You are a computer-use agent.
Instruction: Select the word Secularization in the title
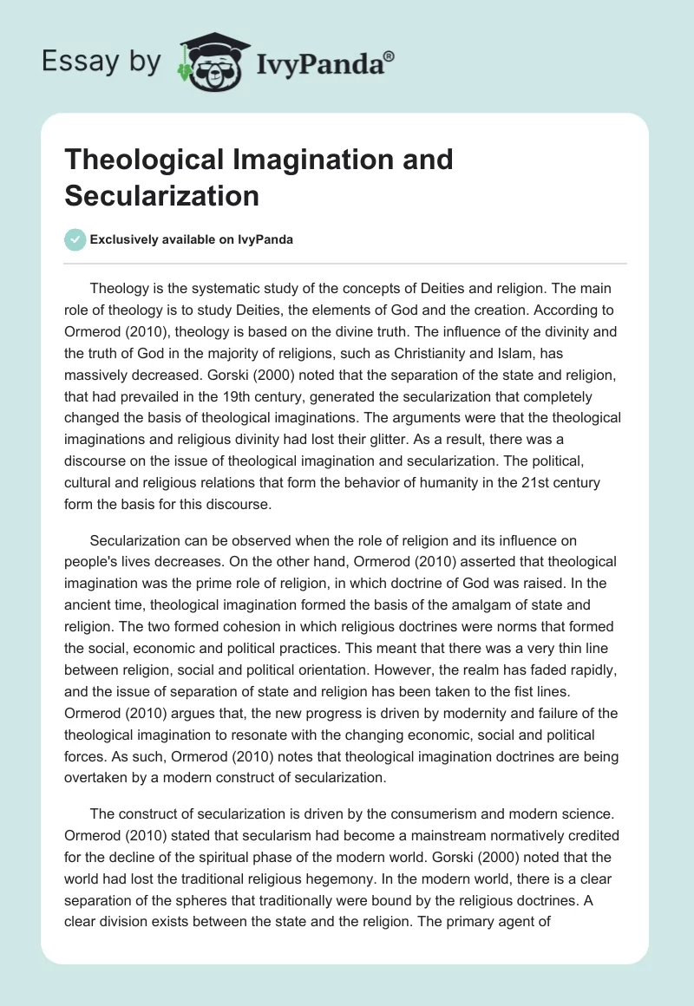tap(161, 195)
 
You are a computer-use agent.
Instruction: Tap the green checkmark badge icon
tap(75, 239)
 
